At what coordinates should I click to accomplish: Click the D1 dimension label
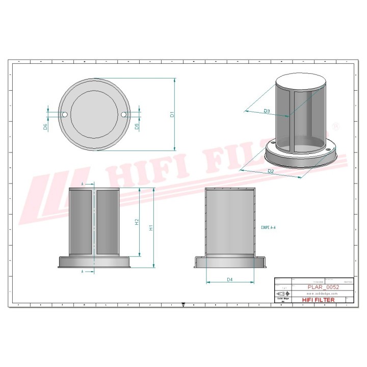point(172,115)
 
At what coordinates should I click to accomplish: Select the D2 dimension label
point(271,171)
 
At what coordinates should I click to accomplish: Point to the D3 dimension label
point(267,111)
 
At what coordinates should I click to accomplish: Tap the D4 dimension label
point(230,279)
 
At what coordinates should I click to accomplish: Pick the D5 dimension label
point(137,126)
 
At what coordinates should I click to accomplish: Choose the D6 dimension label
point(45,126)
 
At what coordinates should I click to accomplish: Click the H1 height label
point(150,228)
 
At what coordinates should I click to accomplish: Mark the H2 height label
point(137,222)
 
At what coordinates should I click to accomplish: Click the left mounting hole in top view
point(65,115)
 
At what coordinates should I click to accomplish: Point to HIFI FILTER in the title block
point(318,300)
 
